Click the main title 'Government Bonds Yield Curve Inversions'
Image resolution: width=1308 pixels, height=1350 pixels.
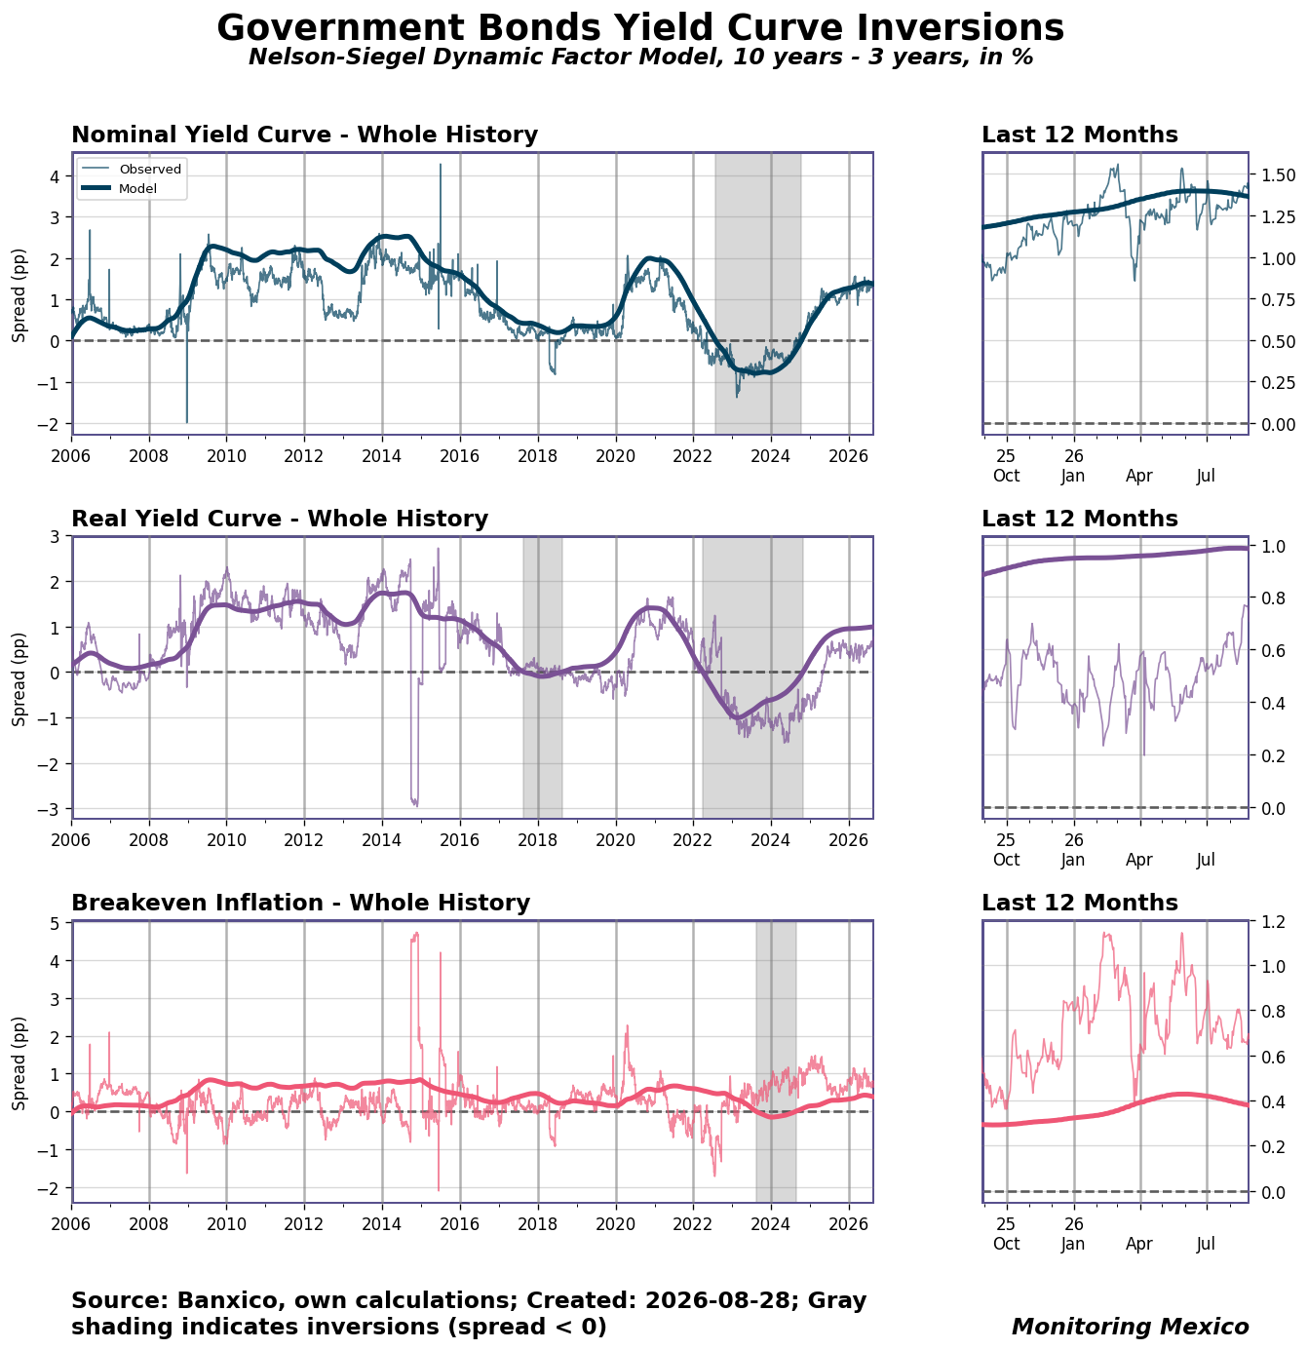(x=640, y=27)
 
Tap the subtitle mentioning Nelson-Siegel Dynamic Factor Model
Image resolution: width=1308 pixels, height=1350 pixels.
(x=640, y=57)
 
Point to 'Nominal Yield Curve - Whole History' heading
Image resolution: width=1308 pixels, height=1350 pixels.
(x=304, y=135)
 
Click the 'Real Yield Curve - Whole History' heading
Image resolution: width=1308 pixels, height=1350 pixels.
(x=280, y=519)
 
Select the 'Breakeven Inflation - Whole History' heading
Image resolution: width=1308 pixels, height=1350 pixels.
(x=300, y=904)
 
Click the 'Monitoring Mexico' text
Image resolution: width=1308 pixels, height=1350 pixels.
(x=1130, y=1327)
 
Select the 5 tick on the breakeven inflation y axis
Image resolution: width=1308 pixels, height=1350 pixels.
(x=57, y=923)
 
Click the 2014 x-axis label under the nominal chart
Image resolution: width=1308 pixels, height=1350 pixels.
(x=381, y=456)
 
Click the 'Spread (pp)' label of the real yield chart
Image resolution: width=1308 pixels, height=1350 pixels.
(x=19, y=679)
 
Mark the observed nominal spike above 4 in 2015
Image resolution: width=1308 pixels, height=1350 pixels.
(x=440, y=165)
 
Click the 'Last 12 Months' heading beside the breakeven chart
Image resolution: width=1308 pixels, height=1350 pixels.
(x=1080, y=904)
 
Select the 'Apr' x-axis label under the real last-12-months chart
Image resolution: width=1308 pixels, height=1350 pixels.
(x=1139, y=861)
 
